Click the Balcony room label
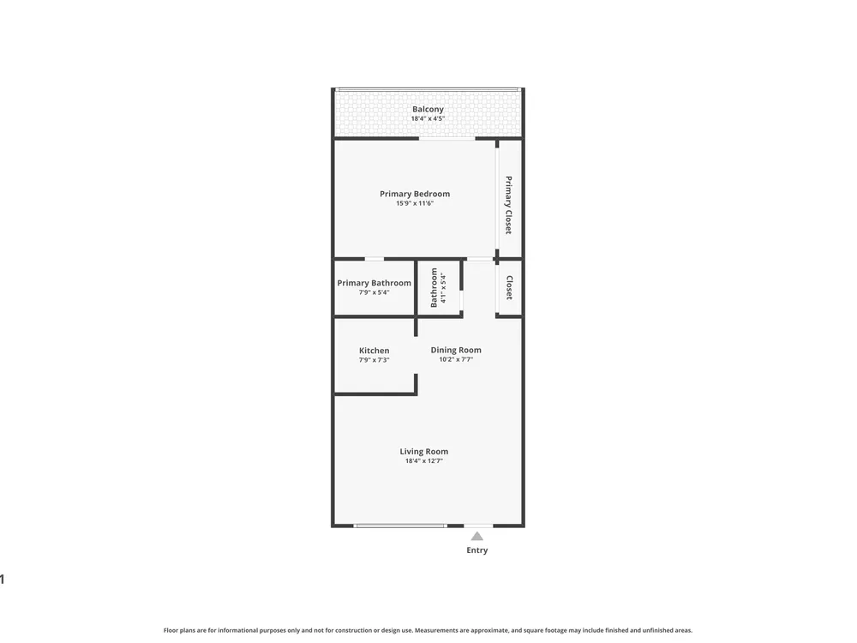428,110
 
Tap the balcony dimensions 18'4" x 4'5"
428,118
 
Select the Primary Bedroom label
415,194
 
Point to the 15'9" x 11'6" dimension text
415,203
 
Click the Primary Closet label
509,205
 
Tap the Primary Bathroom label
375,283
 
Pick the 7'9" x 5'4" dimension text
375,292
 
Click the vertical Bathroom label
434,287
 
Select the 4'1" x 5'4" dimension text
443,287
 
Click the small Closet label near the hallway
509,287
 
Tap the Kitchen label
375,351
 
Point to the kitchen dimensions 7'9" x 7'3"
375,360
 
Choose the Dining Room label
456,351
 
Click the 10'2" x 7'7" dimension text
456,360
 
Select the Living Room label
424,452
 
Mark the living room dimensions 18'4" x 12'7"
424,461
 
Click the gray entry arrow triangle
477,537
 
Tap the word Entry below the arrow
477,550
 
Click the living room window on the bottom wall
400,526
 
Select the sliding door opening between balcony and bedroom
447,139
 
